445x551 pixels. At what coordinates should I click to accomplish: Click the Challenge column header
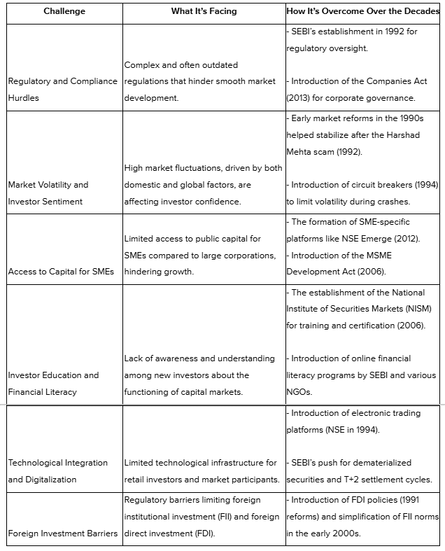[x=64, y=12]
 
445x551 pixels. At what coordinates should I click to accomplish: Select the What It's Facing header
[x=204, y=12]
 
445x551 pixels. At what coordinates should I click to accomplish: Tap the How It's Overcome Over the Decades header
[x=363, y=12]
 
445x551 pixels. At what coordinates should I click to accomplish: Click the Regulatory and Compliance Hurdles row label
[x=62, y=90]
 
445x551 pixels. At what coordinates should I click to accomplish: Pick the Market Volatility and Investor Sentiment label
[x=48, y=193]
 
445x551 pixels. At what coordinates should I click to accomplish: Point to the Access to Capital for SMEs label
[x=62, y=271]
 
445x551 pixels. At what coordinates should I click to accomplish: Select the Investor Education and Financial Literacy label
[x=53, y=384]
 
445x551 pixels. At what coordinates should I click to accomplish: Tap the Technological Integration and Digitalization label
[x=57, y=471]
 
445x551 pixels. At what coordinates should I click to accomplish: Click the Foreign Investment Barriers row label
[x=62, y=533]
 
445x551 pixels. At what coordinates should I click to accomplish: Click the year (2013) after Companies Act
[x=299, y=98]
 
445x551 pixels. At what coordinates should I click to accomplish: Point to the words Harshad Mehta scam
[x=330, y=151]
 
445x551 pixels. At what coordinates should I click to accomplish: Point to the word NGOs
[x=299, y=392]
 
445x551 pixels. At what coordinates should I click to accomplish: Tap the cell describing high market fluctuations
[x=203, y=185]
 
